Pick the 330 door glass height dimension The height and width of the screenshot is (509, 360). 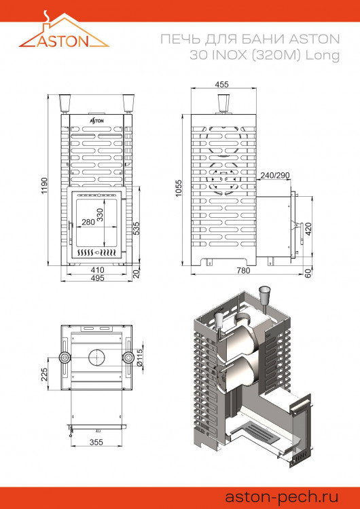[101, 216]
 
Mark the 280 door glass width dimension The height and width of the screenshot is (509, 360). [88, 222]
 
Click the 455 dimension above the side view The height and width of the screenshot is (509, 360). [221, 84]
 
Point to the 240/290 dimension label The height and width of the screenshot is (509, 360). [276, 175]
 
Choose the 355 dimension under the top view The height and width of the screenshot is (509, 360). [97, 443]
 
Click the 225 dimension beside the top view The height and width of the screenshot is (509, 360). [44, 374]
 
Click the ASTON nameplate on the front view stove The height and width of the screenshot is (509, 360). [97, 119]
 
